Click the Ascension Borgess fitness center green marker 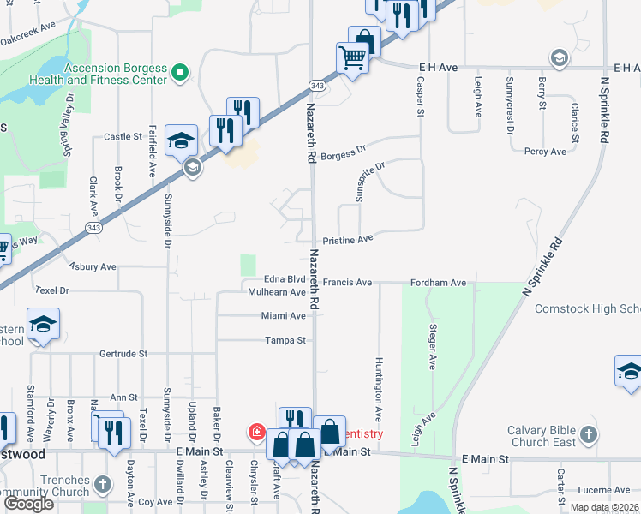tap(180, 73)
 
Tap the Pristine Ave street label tap(348, 240)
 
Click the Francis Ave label tap(347, 281)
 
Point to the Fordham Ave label tap(437, 282)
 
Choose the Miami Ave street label tap(284, 315)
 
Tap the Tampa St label tap(286, 340)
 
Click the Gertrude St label tap(123, 353)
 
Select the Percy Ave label tap(545, 152)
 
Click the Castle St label tap(123, 136)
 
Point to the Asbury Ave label tap(93, 266)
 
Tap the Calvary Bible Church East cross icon tap(588, 435)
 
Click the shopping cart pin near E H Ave tap(353, 59)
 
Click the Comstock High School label tap(587, 308)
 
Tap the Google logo tap(28, 504)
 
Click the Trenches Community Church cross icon tap(102, 485)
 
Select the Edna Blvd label tap(285, 279)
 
